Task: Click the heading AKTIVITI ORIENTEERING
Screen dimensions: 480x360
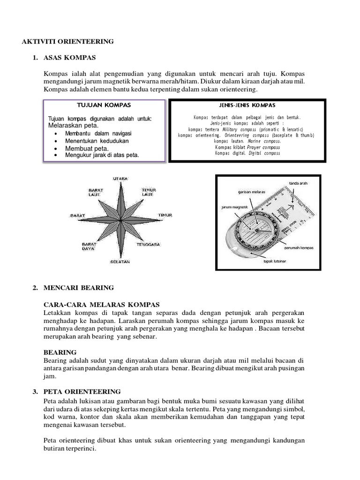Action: [68, 42]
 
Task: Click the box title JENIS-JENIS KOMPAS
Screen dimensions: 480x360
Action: [247, 105]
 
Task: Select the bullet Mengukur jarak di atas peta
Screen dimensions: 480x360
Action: [102, 155]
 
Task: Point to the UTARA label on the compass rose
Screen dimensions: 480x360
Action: [120, 179]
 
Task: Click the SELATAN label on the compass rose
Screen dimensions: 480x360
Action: [120, 261]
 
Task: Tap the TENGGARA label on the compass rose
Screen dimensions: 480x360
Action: [149, 245]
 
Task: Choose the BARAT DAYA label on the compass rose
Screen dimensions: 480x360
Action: [89, 247]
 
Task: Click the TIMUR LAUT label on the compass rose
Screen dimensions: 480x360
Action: [149, 192]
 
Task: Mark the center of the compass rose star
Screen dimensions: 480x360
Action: [120, 219]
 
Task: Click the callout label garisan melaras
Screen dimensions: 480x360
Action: [248, 192]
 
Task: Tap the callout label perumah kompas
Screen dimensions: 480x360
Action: [300, 247]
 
